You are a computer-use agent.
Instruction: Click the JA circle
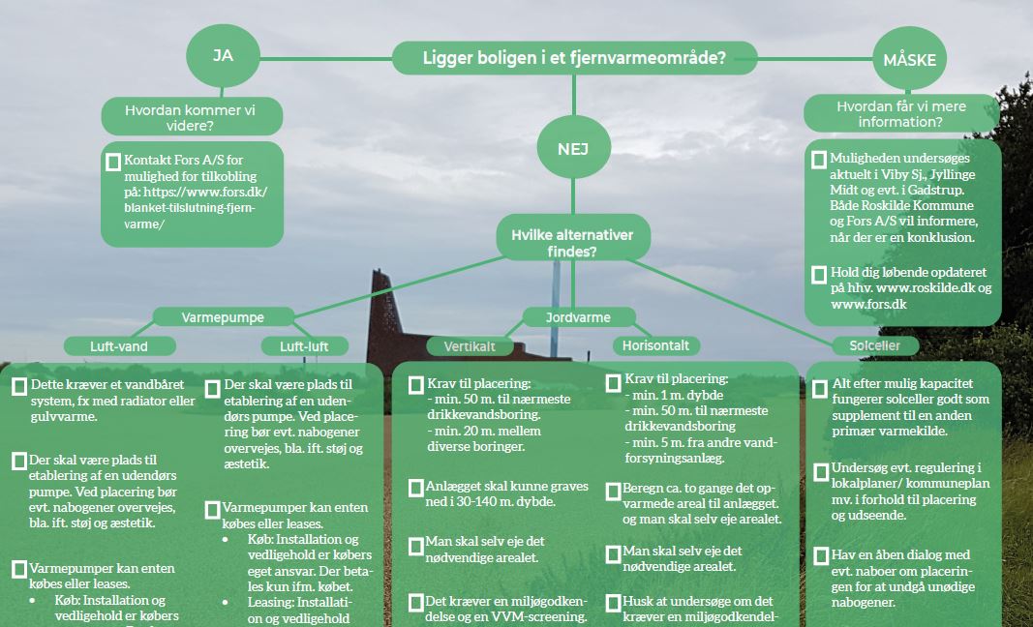pyautogui.click(x=224, y=55)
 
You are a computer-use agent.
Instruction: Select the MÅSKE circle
pyautogui.click(x=909, y=60)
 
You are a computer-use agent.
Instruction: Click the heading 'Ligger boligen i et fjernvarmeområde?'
pyautogui.click(x=574, y=58)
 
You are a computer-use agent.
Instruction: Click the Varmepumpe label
pyautogui.click(x=223, y=316)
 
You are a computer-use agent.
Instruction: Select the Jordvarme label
pyautogui.click(x=580, y=316)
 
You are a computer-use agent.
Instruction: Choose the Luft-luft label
pyautogui.click(x=305, y=345)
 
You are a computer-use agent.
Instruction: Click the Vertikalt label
pyautogui.click(x=470, y=345)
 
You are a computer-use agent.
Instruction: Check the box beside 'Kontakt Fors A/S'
pyautogui.click(x=114, y=162)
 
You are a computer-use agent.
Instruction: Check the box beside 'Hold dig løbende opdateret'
pyautogui.click(x=819, y=275)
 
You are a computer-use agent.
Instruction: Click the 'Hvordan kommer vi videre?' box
pyautogui.click(x=192, y=117)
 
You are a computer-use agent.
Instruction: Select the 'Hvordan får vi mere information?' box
pyautogui.click(x=900, y=114)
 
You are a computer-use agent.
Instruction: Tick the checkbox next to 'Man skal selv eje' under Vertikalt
pyautogui.click(x=415, y=546)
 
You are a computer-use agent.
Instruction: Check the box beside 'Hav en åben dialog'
pyautogui.click(x=819, y=556)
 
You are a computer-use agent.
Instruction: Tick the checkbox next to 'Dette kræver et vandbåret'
pyautogui.click(x=18, y=386)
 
